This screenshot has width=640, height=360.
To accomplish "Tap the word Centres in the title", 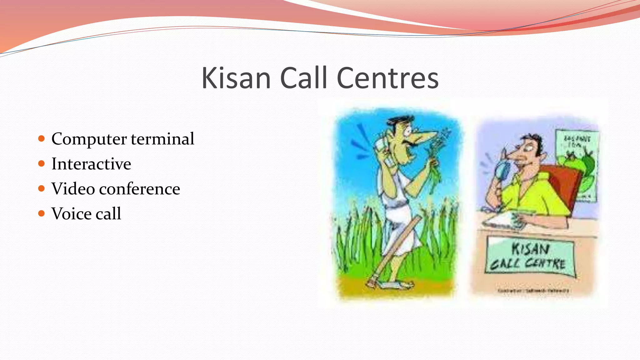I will point(387,78).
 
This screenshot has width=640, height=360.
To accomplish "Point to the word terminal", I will point(162,138).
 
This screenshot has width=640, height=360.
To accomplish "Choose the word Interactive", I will point(91,164).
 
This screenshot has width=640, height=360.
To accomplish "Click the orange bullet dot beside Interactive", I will point(42,163).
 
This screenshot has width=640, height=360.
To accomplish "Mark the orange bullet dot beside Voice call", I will point(42,213).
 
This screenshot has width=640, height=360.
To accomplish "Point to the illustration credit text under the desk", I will point(533,291).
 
